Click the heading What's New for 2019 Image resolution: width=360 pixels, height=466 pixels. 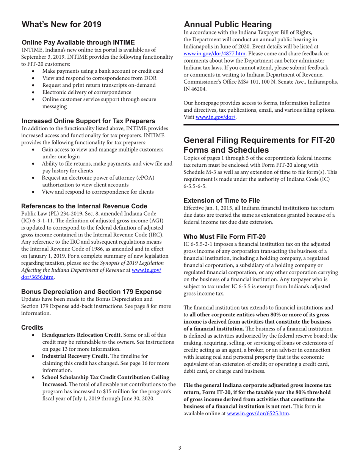pos(61,25)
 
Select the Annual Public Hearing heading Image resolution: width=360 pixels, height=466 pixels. pos(228,25)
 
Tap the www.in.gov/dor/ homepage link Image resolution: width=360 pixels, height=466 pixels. pos(216,117)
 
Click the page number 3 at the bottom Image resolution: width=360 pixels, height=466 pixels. pos(180,448)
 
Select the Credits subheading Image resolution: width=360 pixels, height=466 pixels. pos(32,327)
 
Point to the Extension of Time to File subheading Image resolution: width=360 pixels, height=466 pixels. pos(222,200)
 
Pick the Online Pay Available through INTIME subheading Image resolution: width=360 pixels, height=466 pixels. pos(78,42)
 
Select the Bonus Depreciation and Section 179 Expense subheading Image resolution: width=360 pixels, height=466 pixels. pos(91,292)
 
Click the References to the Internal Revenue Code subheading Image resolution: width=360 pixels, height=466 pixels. pos(84,206)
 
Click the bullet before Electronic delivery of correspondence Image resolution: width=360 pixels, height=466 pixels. pos(35,92)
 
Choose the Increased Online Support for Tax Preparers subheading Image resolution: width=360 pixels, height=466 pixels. pos(88,121)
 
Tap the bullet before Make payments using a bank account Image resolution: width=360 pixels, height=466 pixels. pos(35,71)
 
